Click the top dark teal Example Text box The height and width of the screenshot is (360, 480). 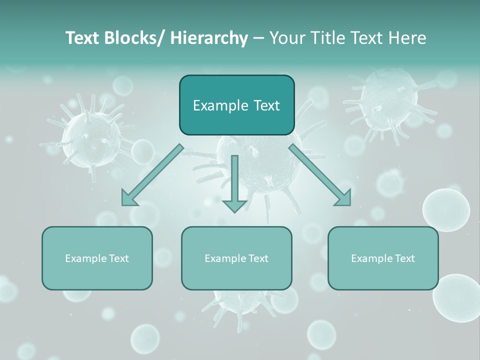point(236,105)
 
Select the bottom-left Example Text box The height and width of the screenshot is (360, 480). point(97,258)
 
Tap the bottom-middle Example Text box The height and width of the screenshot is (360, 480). point(236,258)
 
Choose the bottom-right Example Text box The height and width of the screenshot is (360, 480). point(383,258)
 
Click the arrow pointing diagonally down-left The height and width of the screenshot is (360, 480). point(152,175)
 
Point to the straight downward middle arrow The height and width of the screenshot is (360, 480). point(234,182)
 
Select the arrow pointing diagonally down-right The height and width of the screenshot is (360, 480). point(320,175)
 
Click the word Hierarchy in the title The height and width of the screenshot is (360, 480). point(209,38)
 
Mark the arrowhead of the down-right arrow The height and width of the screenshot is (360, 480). point(344,198)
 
